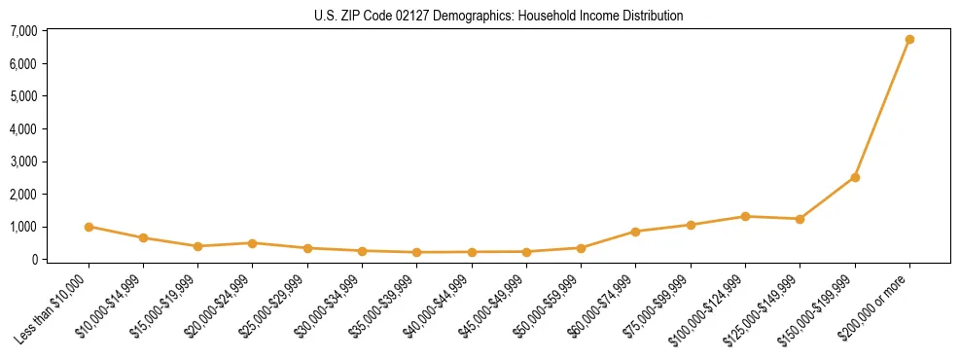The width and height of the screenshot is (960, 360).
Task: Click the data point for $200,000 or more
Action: point(909,40)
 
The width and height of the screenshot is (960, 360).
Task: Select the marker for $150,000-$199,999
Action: point(855,177)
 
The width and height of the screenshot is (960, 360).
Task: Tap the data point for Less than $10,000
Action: point(89,227)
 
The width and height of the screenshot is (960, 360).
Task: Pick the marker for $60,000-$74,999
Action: point(635,232)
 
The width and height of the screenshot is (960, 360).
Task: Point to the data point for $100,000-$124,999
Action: point(745,216)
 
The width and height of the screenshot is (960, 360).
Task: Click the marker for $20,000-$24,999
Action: point(252,243)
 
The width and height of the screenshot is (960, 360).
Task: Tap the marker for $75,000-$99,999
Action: point(691,225)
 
